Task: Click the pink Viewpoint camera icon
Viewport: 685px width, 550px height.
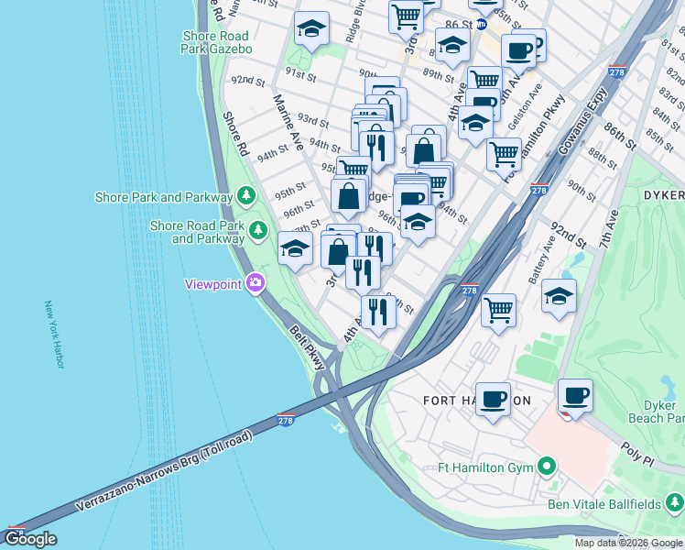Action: pos(255,283)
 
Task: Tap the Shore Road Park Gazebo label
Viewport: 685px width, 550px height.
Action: pos(216,42)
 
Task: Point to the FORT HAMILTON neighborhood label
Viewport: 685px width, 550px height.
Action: pos(476,401)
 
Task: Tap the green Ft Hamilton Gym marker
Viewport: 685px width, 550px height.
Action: pos(548,467)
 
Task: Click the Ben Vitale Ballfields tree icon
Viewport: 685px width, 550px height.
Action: pos(674,503)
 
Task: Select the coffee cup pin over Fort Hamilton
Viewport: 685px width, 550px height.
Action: pos(493,399)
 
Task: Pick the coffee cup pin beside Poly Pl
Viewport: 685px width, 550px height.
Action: pos(575,396)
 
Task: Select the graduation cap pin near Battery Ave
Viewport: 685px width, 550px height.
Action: pos(559,296)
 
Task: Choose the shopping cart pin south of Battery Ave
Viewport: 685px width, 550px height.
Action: pos(499,310)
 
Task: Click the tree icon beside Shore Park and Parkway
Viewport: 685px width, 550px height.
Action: pos(245,195)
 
